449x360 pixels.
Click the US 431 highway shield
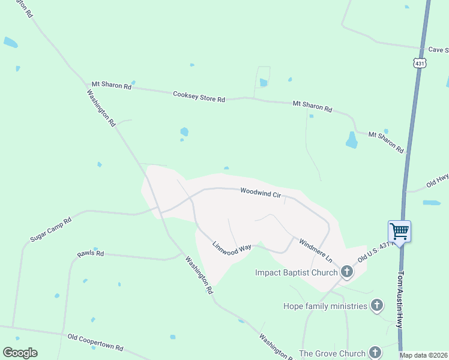[420, 62]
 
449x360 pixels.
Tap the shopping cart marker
[400, 231]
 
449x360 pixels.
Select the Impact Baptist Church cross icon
[346, 272]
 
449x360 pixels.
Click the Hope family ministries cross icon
[376, 306]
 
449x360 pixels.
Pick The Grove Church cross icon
[375, 353]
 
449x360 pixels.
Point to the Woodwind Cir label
[261, 193]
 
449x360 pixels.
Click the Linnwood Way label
[231, 249]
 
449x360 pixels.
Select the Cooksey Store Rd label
[199, 96]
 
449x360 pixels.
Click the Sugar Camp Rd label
[51, 230]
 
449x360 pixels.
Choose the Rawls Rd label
[91, 254]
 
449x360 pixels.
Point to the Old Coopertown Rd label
[95, 343]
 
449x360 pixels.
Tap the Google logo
[20, 353]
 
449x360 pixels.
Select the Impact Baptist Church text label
[297, 272]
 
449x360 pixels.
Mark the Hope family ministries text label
[325, 306]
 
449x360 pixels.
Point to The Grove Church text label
[332, 353]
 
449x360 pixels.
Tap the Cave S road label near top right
[438, 50]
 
